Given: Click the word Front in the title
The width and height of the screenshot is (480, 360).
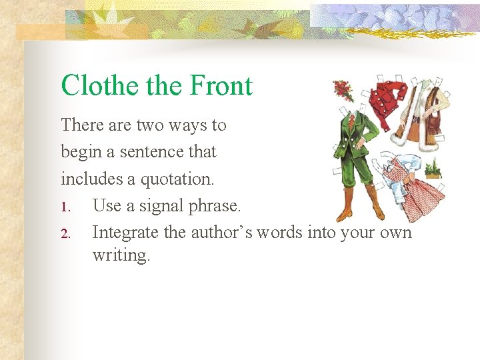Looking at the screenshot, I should coord(221,86).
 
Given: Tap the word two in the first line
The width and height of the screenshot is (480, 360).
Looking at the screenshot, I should coord(151,125).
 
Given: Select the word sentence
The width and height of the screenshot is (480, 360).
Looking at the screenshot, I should coord(149,152).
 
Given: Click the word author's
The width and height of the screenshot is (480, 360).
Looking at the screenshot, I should coord(224,232).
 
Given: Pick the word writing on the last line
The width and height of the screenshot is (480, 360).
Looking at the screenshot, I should coord(121,255).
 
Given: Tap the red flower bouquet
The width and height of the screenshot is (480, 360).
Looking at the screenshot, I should coord(344,89).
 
